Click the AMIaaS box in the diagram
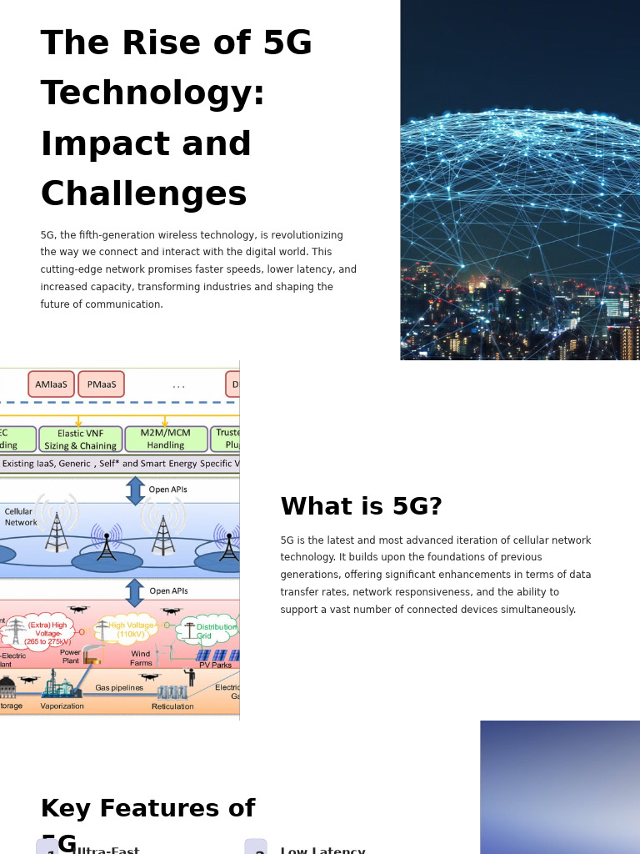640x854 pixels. point(51,384)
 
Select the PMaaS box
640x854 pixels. point(101,384)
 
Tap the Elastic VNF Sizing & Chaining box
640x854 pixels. point(81,440)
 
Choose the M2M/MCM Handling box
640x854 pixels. point(166,440)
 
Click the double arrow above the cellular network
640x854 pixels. point(135,490)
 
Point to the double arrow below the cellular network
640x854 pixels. point(135,592)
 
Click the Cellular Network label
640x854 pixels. point(20,517)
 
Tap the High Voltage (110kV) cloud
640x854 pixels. point(131,630)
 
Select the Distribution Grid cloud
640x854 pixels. point(208,631)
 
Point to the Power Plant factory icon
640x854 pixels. point(91,656)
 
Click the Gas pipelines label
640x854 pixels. point(119,688)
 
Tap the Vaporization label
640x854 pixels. point(62,706)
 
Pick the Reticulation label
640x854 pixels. point(172,706)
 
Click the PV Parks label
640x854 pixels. point(215,666)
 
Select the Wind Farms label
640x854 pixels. point(141,659)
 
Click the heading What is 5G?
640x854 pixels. point(361,507)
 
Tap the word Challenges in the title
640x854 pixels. point(143,195)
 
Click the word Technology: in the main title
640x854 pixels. point(152,94)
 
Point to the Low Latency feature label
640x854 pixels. point(322,850)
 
